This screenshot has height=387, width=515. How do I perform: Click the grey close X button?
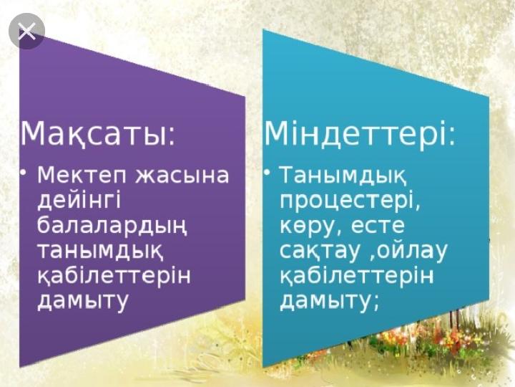(x=27, y=32)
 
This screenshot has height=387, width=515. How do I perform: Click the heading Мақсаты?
(x=97, y=133)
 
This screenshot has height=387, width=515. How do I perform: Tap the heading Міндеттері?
(x=360, y=133)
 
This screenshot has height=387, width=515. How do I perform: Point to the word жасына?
(x=182, y=175)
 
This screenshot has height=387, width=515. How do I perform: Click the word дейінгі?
(x=79, y=201)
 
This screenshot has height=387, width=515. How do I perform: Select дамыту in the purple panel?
(x=82, y=301)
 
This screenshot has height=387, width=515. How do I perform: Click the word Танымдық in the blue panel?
(x=343, y=175)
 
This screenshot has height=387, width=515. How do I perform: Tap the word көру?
(x=310, y=226)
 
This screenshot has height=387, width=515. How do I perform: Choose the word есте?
(x=378, y=226)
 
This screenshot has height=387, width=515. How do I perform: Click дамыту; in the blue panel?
(x=330, y=301)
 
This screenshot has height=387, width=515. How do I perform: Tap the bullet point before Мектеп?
(x=22, y=173)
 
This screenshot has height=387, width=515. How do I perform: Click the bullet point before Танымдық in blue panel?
(x=268, y=173)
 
